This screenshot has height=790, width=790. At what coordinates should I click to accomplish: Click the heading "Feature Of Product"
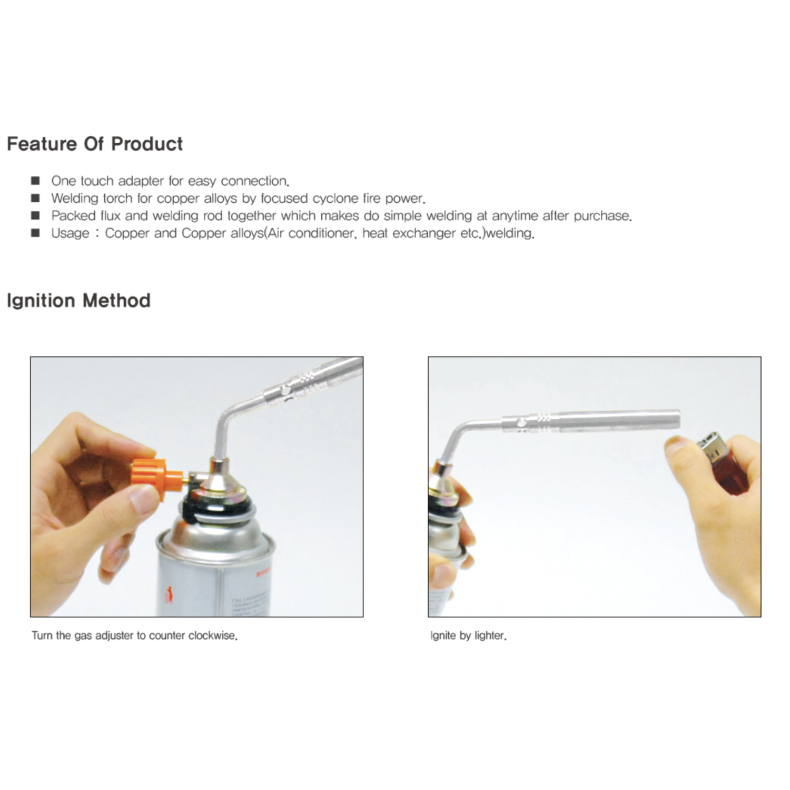[x=95, y=144]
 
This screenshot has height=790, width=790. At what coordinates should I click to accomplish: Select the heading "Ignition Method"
[x=78, y=301]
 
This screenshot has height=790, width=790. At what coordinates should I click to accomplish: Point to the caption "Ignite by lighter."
[x=468, y=636]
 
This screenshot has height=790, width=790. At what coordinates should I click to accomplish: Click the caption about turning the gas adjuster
[x=134, y=636]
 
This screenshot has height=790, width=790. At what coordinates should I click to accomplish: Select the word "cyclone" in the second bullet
[x=336, y=199]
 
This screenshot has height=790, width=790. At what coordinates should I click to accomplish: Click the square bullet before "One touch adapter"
[x=35, y=181]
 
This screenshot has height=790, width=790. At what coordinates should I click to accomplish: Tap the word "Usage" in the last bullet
[x=70, y=233]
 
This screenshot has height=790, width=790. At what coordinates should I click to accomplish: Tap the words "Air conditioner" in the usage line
[x=307, y=233]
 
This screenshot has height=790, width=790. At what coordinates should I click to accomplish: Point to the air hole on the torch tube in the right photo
[x=520, y=422]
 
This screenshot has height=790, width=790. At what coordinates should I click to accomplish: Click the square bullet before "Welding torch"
[x=35, y=199]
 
